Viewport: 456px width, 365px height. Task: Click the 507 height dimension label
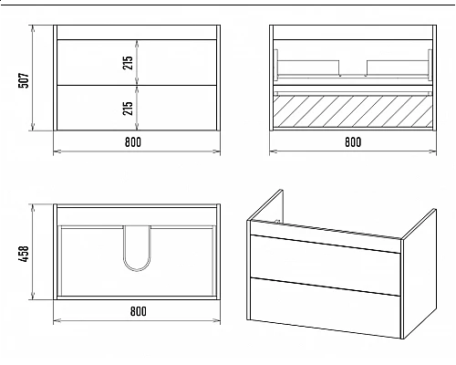coord(24,80)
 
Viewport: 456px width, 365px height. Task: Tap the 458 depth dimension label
coord(24,254)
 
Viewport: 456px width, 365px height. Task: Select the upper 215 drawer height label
coord(128,63)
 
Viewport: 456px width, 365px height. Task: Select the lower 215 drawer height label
coord(128,108)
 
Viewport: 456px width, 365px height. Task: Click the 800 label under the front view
coord(133,142)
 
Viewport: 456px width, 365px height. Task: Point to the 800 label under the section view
coord(353,142)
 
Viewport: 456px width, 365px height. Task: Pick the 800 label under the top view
coord(139,311)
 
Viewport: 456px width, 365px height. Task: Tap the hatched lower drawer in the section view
coord(353,111)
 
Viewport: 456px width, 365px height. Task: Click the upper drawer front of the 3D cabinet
coord(325,255)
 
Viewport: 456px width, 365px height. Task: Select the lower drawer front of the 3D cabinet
coord(325,308)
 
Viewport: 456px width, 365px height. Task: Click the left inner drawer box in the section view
coord(309,68)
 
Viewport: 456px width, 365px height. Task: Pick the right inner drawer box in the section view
coord(398,68)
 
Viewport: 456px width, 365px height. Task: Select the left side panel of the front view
coord(55,78)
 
